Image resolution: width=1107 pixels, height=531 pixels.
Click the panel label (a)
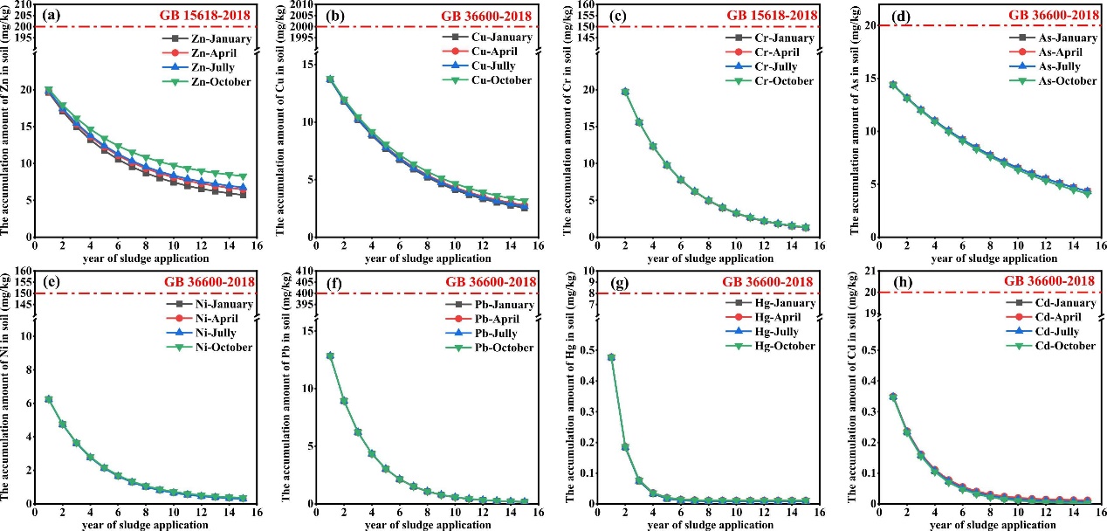point(51,16)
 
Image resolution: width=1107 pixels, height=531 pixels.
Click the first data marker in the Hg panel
point(611,357)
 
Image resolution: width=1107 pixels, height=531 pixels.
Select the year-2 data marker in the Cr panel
point(625,92)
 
